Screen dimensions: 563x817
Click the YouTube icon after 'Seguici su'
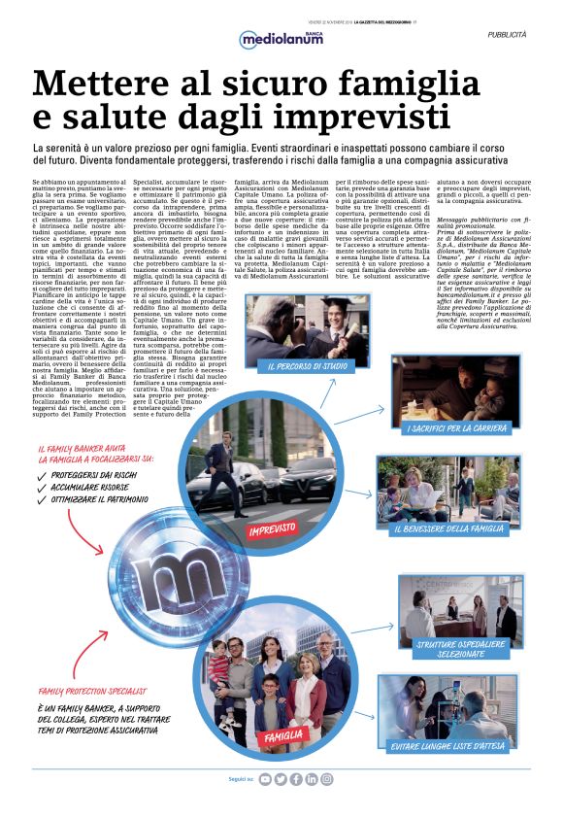coord(266,779)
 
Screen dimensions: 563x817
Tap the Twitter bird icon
coord(281,779)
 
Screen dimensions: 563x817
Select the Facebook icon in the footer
coord(296,779)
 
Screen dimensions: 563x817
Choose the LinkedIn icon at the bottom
coord(312,779)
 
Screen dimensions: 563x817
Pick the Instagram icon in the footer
coord(327,779)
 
